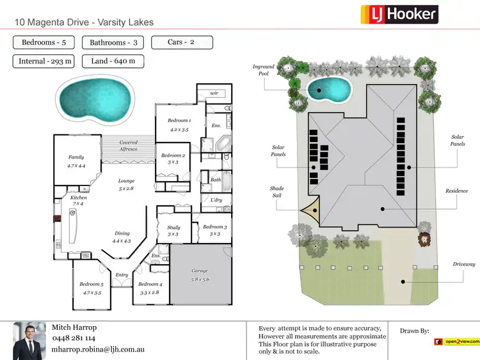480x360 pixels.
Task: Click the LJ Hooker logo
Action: click(399, 14)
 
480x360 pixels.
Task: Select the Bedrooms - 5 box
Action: click(44, 43)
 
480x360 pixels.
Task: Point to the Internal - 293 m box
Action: click(44, 61)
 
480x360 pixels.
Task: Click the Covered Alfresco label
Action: click(128, 146)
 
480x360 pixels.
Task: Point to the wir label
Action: click(214, 93)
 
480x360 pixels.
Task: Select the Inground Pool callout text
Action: click(263, 70)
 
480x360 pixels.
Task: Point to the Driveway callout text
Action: click(464, 264)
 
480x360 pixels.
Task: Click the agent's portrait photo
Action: click(29, 339)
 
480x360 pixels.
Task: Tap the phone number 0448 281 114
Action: click(74, 338)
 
